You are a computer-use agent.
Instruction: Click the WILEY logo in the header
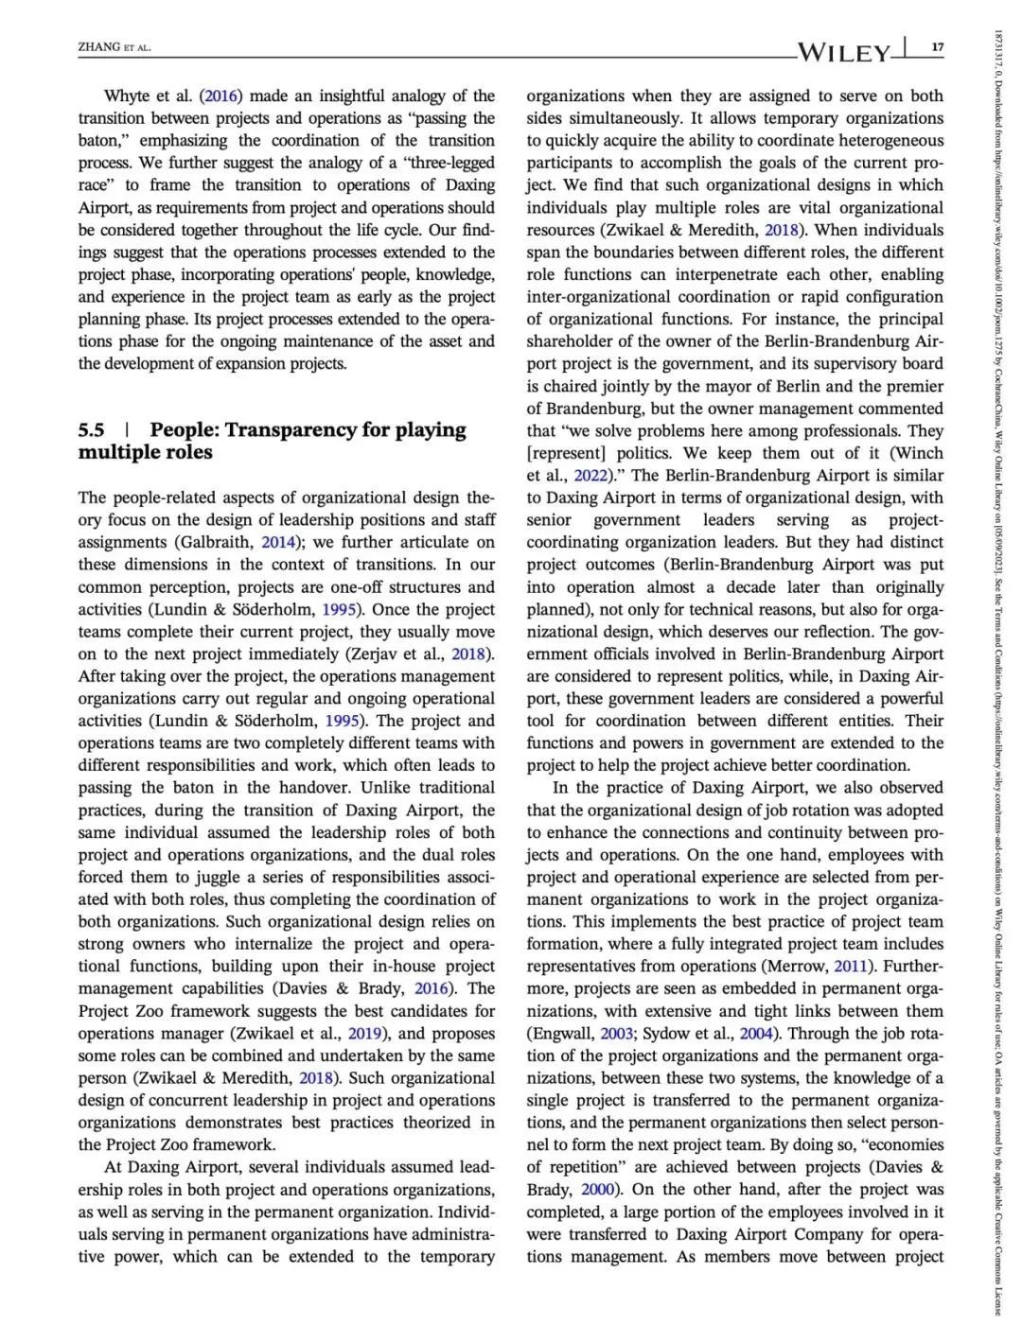845,51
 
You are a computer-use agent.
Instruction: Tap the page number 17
937,47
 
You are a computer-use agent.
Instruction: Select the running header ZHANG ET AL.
115,47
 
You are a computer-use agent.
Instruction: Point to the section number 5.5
92,430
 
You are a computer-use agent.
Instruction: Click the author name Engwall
564,1034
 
